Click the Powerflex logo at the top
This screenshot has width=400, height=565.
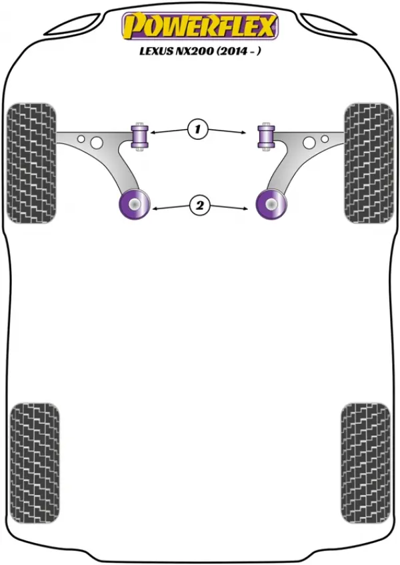tap(200, 26)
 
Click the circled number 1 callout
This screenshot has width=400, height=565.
tap(197, 129)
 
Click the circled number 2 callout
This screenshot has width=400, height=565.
tap(199, 205)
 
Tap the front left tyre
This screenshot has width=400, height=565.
tap(32, 163)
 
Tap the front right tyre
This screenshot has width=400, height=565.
tap(369, 163)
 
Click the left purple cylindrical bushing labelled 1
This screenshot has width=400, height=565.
tap(139, 136)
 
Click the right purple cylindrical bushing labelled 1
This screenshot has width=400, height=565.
tap(266, 136)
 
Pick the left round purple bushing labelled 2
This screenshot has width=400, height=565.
tap(134, 204)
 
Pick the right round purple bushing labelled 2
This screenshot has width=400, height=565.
tap(271, 204)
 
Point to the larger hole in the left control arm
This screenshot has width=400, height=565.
tap(97, 143)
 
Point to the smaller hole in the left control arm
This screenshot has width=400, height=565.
tap(81, 139)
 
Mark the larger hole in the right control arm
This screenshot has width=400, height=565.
tap(309, 143)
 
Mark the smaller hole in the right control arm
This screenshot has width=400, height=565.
tap(325, 139)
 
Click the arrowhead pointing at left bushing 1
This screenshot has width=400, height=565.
tap(153, 133)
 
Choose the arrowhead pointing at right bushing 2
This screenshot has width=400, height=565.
tap(245, 209)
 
